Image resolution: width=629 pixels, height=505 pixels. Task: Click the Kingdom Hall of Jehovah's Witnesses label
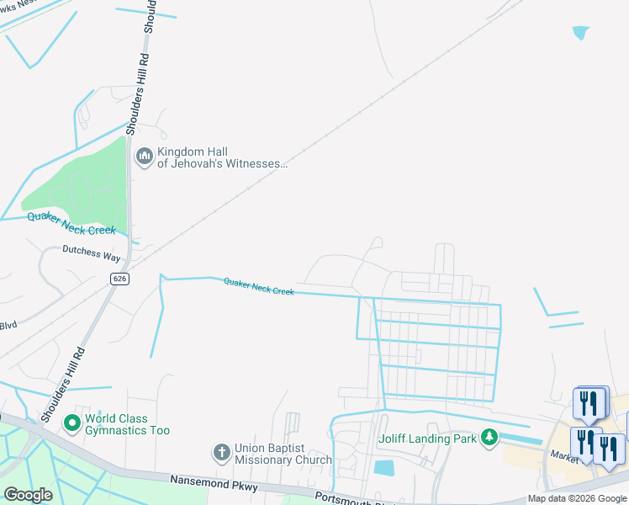pos(222,157)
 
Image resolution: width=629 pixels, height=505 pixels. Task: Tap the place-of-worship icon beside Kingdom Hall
pos(144,157)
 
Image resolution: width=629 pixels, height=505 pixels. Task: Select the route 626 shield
pos(121,278)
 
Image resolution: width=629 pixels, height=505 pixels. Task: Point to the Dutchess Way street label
pos(92,252)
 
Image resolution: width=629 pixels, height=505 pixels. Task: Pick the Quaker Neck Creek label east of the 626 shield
pos(259,287)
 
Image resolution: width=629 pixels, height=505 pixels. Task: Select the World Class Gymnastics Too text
pos(128,425)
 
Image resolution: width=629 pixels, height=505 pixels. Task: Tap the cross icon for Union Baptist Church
pos(221,453)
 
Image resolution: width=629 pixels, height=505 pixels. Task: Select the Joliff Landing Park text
pos(427,438)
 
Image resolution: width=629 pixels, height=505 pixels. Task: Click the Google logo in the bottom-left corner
pos(28,494)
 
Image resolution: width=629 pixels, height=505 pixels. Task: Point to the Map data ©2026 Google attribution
pos(577,498)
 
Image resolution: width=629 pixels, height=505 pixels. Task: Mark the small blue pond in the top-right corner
pos(580,33)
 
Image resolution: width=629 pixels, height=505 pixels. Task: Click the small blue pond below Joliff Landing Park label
pos(383,468)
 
